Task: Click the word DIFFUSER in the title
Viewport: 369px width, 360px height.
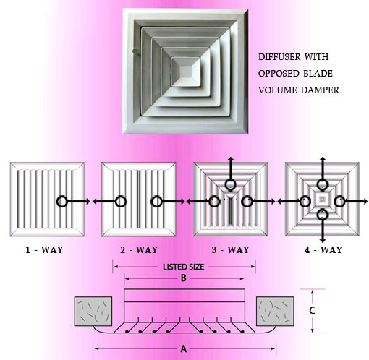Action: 280,57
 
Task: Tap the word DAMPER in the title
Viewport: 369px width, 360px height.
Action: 320,90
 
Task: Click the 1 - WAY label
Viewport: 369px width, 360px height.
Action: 44,249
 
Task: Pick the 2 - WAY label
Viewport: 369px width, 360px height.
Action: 139,249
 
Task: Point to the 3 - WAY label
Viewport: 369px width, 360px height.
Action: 230,249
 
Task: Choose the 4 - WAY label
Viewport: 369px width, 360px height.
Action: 323,249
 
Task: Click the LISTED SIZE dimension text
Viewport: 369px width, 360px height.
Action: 184,267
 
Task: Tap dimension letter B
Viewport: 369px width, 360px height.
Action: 184,278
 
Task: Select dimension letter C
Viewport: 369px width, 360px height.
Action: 312,310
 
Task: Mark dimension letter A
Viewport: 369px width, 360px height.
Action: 184,348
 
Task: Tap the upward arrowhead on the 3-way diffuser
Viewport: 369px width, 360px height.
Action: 231,159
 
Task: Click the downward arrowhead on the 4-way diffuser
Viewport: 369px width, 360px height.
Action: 323,240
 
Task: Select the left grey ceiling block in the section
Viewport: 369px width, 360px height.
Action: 93,311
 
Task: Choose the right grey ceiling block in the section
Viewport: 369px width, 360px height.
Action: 275,311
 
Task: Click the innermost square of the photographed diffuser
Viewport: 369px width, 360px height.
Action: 186,72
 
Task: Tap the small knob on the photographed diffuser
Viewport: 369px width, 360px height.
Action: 135,51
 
